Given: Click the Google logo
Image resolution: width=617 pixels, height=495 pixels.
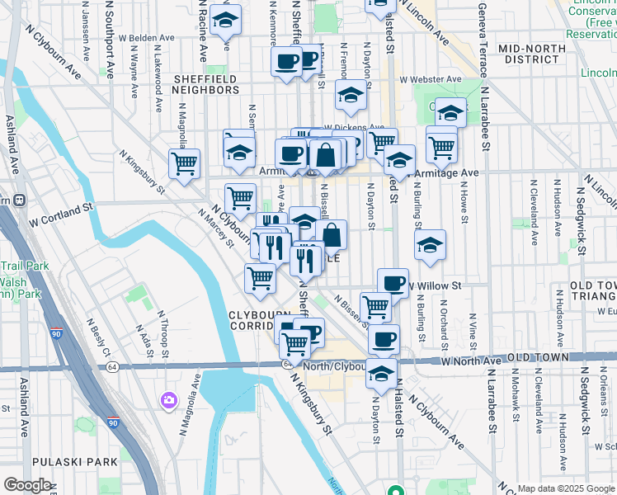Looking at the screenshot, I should pyautogui.click(x=27, y=484).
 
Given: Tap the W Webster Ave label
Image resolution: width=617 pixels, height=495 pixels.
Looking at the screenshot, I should pyautogui.click(x=431, y=79).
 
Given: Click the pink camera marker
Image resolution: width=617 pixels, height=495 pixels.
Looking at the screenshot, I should pyautogui.click(x=170, y=401).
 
